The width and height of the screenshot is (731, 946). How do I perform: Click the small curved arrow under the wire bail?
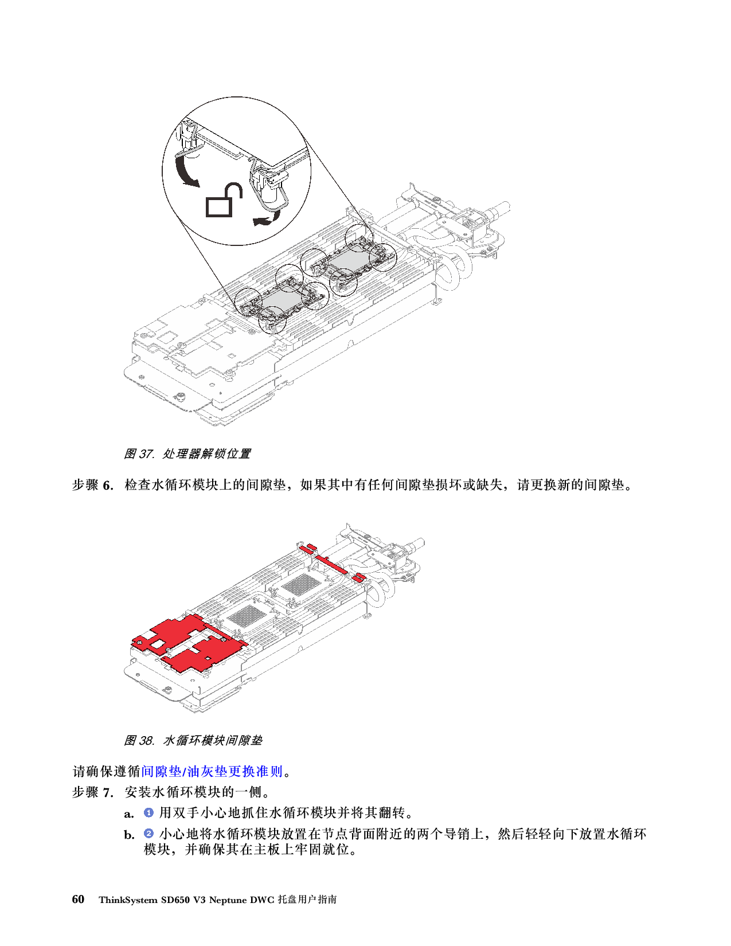pos(265,220)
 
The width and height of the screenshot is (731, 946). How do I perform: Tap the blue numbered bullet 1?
pos(148,812)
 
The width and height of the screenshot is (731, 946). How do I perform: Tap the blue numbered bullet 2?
pos(148,833)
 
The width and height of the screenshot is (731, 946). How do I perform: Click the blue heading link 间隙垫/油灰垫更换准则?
pos(212,771)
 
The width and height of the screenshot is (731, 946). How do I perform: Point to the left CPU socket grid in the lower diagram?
pos(243,617)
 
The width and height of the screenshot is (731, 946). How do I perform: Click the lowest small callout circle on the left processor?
pos(272,321)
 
